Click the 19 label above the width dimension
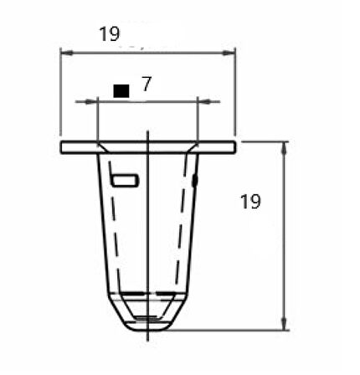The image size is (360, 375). tap(110, 34)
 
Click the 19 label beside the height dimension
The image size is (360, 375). tap(250, 202)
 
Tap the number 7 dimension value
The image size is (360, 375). tap(147, 84)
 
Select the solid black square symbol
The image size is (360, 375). tap(121, 91)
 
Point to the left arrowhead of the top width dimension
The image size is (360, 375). tap(67, 53)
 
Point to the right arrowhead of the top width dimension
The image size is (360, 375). tap(229, 53)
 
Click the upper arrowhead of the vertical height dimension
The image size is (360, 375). tap(284, 148)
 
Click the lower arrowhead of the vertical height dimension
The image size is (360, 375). tap(284, 324)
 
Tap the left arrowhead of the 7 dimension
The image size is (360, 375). tap(91, 101)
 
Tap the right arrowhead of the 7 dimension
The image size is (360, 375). tap(204, 101)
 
